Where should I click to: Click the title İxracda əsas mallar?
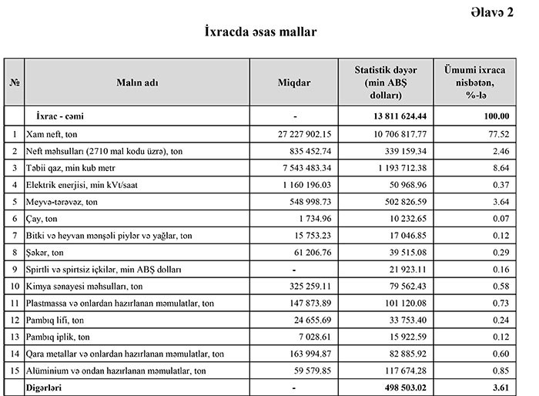(x=261, y=32)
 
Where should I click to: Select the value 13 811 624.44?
(x=394, y=116)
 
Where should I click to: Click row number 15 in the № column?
(x=14, y=371)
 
